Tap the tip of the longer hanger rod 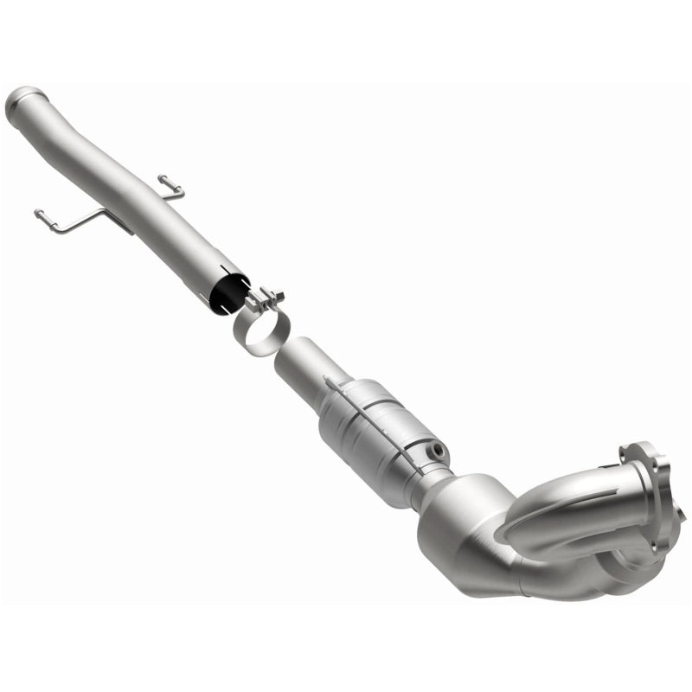(39, 213)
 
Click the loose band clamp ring (260, 334)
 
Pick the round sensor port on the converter (438, 450)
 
